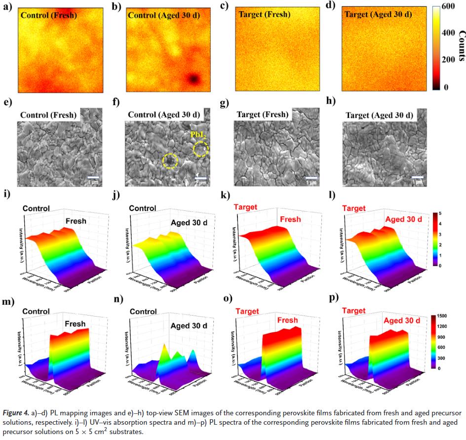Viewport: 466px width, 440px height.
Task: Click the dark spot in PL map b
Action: pos(194,79)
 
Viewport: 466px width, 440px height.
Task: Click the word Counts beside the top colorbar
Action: pos(462,47)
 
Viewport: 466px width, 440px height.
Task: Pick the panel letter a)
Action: pos(7,7)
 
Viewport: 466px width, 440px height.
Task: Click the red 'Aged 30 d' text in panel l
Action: pos(404,219)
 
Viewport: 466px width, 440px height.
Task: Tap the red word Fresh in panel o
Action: pos(287,320)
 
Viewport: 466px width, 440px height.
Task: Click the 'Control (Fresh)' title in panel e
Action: pos(49,115)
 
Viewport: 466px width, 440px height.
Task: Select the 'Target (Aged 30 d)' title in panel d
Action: pos(378,14)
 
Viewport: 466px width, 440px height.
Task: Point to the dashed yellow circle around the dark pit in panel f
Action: pos(170,160)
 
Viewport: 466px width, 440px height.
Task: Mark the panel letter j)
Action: pos(116,193)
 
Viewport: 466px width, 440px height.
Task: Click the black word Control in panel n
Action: pos(143,312)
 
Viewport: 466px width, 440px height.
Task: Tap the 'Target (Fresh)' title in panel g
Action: pos(262,115)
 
